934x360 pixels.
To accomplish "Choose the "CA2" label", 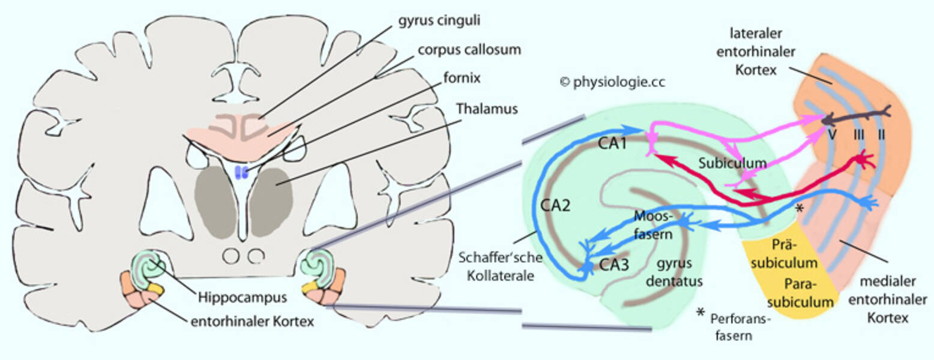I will click(x=553, y=205).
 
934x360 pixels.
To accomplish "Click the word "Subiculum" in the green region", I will click(x=733, y=163).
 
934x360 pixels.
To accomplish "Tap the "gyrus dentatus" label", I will click(x=679, y=272).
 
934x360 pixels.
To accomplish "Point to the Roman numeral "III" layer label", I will click(x=860, y=135).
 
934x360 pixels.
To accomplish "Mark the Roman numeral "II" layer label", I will click(x=881, y=135).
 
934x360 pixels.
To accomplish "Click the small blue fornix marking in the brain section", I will click(x=241, y=173).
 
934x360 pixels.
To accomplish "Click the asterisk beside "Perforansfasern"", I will click(x=699, y=313).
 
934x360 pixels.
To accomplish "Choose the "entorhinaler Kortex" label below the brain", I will click(x=252, y=322).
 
